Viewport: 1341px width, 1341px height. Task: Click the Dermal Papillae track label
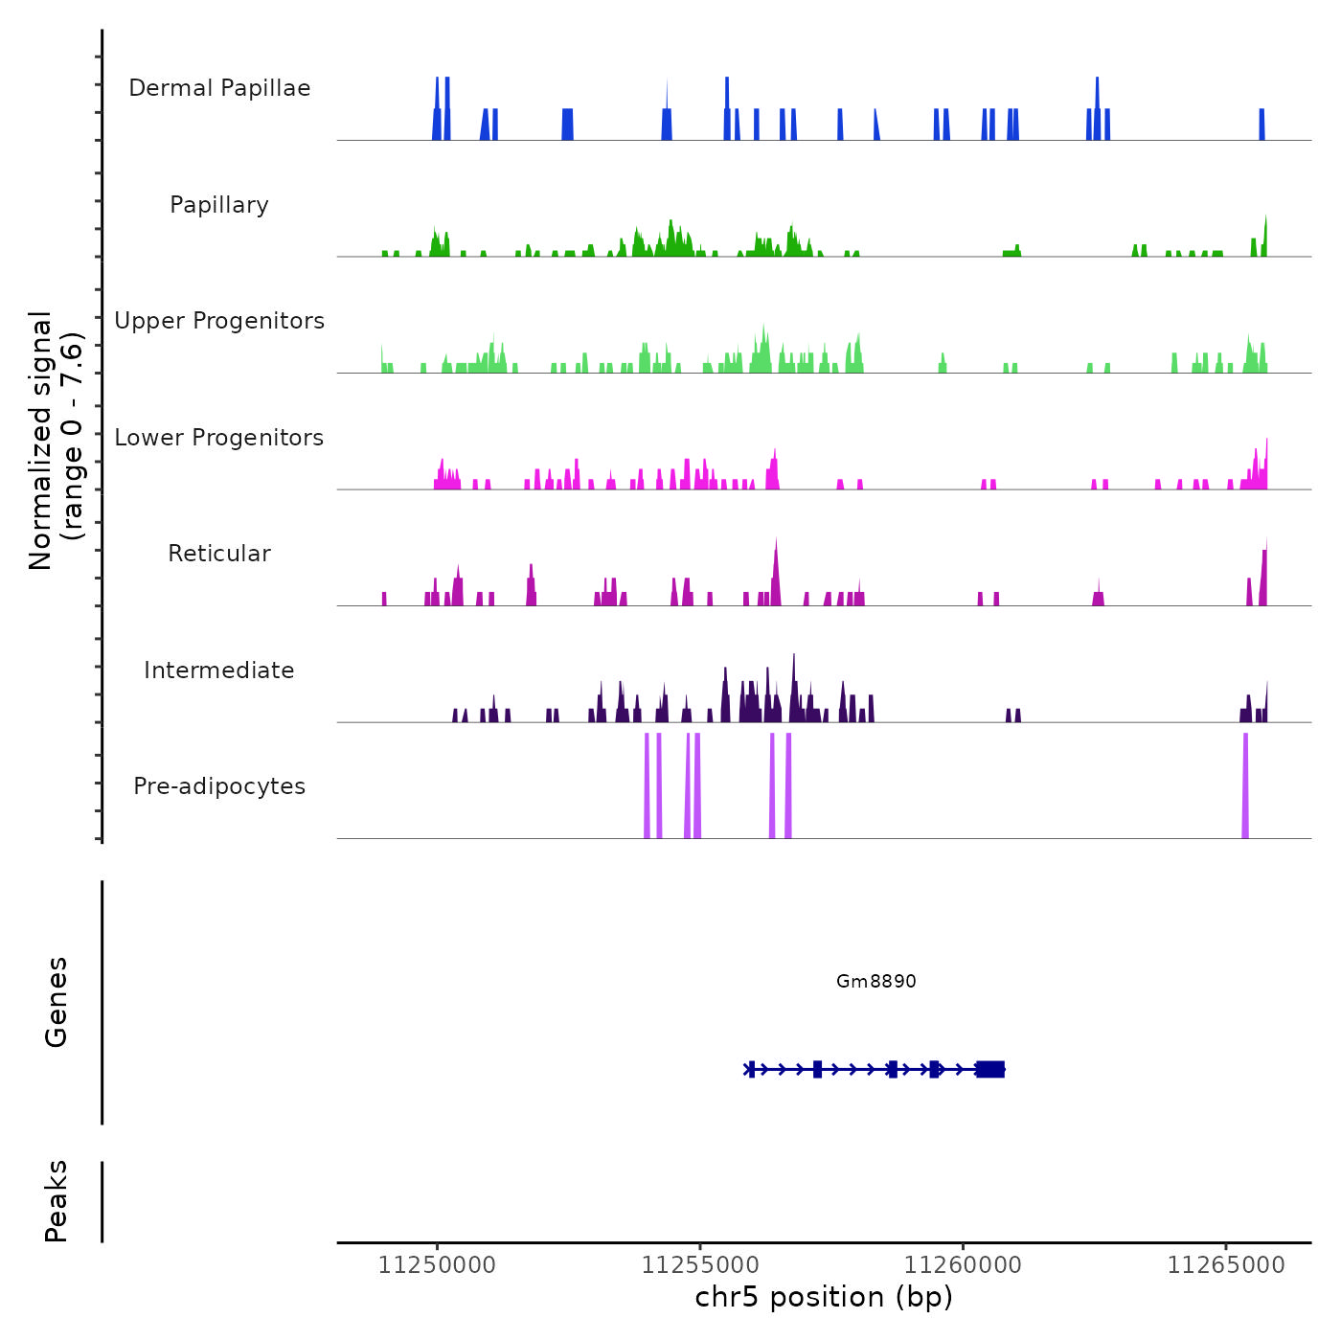pos(219,88)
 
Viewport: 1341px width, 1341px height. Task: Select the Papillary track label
pos(219,205)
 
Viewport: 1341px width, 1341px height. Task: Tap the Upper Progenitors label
pos(219,321)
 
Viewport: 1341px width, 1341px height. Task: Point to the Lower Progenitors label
pos(219,438)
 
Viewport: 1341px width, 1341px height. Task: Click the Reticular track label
pos(219,554)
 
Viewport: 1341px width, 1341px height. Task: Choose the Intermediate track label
pos(219,670)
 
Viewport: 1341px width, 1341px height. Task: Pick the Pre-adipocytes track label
pos(219,786)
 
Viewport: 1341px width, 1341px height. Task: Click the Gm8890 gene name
pos(875,981)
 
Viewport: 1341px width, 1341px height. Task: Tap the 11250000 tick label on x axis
pos(437,1265)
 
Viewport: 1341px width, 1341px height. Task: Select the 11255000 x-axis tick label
pos(699,1265)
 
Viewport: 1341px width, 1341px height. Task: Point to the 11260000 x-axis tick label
pos(963,1265)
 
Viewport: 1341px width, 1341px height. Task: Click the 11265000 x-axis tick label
pos(1225,1265)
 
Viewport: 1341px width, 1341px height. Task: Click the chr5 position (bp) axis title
pos(824,1297)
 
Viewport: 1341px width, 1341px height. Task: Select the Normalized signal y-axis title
pos(56,441)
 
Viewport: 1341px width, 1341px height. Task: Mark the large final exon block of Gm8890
pos(990,1069)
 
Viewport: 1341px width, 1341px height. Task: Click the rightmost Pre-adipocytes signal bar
pos(1245,785)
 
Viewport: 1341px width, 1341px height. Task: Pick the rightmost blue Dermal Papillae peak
pos(1261,125)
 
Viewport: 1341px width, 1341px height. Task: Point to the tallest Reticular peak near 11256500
pos(776,575)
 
